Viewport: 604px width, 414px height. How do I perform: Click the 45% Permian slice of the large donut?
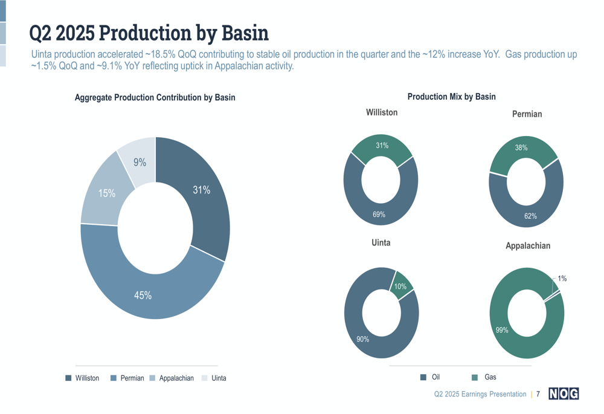click(143, 295)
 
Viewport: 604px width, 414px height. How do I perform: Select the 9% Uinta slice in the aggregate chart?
click(139, 161)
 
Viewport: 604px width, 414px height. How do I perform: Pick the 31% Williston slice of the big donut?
click(201, 190)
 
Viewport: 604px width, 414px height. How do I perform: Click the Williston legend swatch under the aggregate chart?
click(68, 378)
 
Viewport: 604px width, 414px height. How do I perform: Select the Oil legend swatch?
click(423, 378)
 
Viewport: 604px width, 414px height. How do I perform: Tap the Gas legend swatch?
click(475, 378)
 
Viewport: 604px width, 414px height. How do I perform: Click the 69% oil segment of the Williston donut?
click(379, 214)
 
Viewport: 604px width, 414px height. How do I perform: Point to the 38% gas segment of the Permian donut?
click(521, 148)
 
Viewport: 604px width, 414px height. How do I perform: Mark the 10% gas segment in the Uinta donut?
click(400, 286)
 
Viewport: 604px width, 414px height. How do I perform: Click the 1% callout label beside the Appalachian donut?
click(562, 279)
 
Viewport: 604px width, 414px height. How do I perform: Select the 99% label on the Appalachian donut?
click(502, 330)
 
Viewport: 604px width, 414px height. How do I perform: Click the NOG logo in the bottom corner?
click(564, 394)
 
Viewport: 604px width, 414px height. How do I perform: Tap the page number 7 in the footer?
click(538, 394)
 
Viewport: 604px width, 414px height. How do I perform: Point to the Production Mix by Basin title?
click(451, 97)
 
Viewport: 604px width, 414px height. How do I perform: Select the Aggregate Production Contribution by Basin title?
click(155, 97)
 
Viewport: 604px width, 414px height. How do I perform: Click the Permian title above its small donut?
click(527, 114)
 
